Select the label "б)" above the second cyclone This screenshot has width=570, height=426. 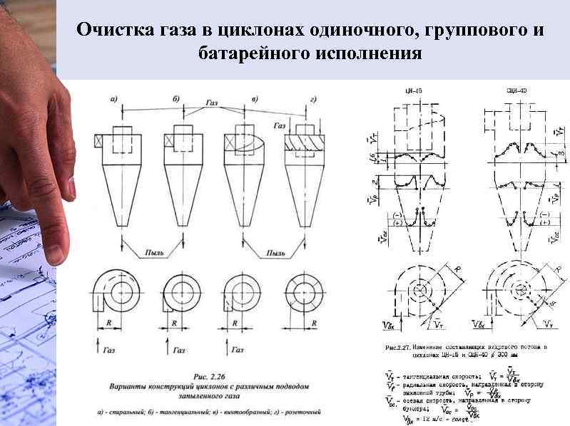click(x=175, y=98)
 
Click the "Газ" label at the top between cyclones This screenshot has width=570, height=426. click(x=212, y=103)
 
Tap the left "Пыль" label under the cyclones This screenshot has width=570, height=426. click(x=154, y=252)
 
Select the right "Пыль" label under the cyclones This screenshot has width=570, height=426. click(x=275, y=252)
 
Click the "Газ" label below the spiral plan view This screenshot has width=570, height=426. click(x=108, y=350)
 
